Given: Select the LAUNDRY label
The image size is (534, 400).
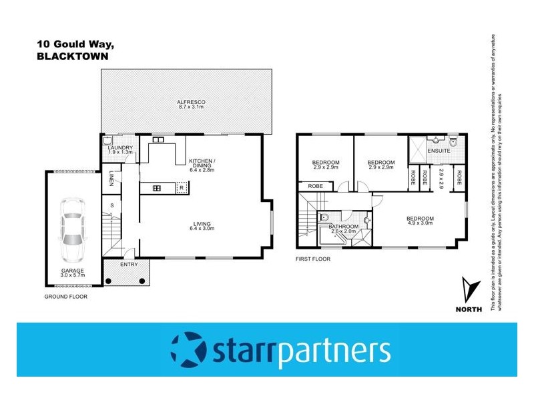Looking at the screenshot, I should [121, 147].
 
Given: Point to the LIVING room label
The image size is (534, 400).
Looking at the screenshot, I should [200, 225].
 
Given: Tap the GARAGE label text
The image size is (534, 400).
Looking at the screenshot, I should [67, 271].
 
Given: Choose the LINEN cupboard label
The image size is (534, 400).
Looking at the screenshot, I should [112, 179].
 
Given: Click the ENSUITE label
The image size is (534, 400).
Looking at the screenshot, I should [439, 151].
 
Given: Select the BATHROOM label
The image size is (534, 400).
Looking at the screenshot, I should [344, 227].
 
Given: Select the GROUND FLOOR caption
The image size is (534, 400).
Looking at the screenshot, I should [65, 296].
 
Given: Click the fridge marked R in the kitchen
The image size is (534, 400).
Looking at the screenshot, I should [182, 188].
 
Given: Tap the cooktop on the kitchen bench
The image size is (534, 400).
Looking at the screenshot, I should [157, 188].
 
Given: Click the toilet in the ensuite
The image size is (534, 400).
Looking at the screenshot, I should [453, 141].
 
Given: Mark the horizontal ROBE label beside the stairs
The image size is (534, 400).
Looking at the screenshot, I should [316, 185].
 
